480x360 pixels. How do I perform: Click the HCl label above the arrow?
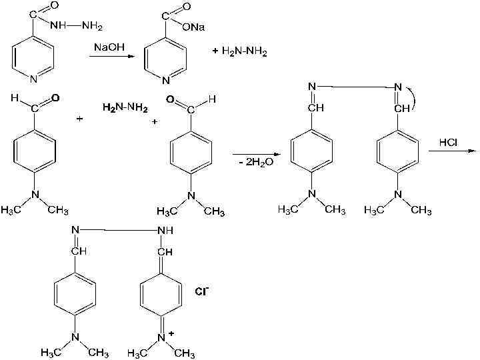point(448,143)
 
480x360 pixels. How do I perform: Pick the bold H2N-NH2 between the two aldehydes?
point(126,107)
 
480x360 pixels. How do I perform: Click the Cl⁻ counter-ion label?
point(201,291)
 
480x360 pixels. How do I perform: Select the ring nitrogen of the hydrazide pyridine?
point(33,79)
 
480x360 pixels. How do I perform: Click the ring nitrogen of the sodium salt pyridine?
point(166,81)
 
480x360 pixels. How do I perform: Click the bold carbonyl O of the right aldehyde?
point(171,100)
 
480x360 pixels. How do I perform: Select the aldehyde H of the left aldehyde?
point(15,98)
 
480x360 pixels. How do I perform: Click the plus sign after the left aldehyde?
point(79,119)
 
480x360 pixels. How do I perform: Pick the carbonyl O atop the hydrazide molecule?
point(53,6)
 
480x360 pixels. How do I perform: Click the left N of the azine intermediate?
point(312,86)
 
